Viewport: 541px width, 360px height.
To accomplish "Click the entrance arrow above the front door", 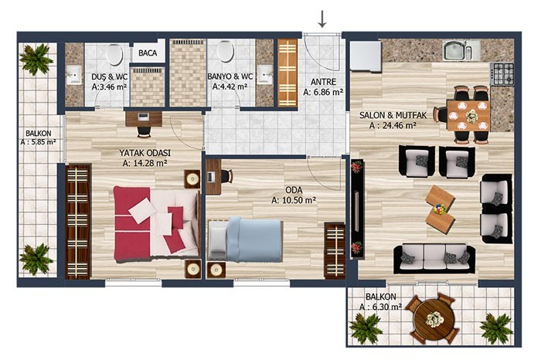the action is (x=322, y=19).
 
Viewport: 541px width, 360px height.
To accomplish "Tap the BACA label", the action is (x=148, y=53).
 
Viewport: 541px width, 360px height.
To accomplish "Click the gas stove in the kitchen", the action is (x=502, y=74).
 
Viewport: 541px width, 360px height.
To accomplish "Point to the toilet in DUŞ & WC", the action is (x=114, y=54).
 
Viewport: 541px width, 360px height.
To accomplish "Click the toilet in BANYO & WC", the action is (x=226, y=51).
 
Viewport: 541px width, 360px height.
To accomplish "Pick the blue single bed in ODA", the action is (x=246, y=239).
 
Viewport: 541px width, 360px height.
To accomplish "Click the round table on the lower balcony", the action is (x=432, y=318).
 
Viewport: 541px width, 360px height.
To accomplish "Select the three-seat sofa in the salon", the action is (x=434, y=258).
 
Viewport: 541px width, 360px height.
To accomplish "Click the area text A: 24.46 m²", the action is (x=393, y=125).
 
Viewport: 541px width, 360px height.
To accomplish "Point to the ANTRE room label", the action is (x=323, y=82).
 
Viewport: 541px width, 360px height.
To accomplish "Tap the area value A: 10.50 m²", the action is (x=294, y=200).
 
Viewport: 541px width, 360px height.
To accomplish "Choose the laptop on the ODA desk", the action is (x=211, y=177).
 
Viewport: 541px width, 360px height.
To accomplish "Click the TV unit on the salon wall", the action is (x=357, y=209).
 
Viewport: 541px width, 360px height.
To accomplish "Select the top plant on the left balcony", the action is (x=36, y=59).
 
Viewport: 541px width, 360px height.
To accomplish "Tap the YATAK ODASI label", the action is (x=145, y=153).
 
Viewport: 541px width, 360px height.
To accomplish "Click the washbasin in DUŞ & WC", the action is (x=73, y=75).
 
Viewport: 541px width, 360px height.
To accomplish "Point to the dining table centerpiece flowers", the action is (x=471, y=116).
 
